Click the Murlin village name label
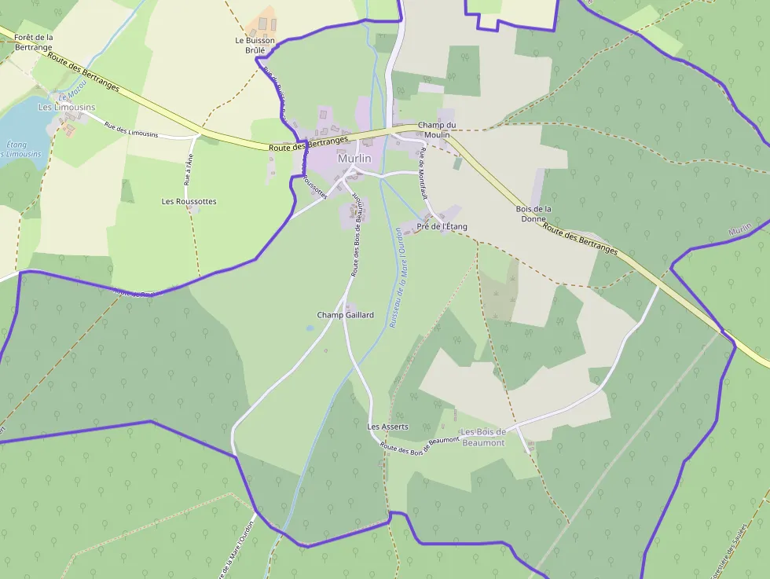[354, 159]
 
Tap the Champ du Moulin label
[436, 130]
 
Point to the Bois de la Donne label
[533, 214]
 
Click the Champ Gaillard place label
[345, 315]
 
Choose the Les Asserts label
[388, 427]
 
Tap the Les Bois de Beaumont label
[483, 438]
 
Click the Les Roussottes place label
[189, 202]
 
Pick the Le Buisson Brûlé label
[255, 44]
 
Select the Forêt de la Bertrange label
[33, 42]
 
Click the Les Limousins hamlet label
[67, 107]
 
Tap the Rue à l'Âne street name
[188, 169]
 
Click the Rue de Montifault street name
[422, 174]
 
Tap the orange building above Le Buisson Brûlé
[267, 21]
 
